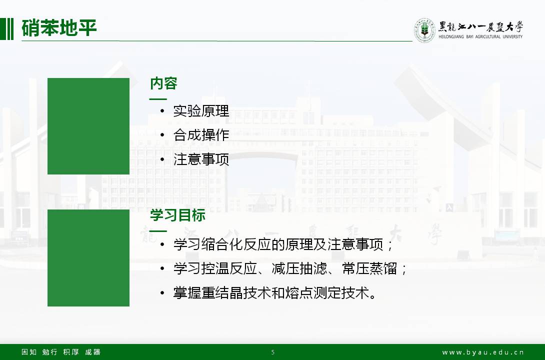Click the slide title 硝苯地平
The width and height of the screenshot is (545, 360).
point(58,28)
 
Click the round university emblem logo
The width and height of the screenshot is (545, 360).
point(424,30)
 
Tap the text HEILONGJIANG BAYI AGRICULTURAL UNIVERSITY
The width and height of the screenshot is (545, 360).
point(480,36)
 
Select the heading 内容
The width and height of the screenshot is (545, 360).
point(163,83)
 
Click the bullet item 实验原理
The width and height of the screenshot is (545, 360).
point(201,111)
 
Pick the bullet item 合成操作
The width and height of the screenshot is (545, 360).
point(201,135)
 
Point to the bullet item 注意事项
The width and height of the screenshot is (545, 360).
point(201,159)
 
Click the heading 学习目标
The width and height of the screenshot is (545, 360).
point(177,215)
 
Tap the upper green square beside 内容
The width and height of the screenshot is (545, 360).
point(88,126)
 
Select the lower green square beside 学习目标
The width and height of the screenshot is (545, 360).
point(88,258)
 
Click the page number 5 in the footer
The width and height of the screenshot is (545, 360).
point(273,352)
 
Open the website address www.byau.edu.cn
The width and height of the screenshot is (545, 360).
point(483,352)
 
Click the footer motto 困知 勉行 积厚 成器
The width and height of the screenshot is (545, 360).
point(61,352)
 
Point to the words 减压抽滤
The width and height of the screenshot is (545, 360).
point(299,268)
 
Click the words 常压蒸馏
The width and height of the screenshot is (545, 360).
point(369,268)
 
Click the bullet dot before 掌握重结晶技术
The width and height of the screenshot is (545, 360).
point(162,293)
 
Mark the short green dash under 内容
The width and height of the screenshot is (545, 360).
point(158,99)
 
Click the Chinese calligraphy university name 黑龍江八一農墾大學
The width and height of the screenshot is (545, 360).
point(480,26)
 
